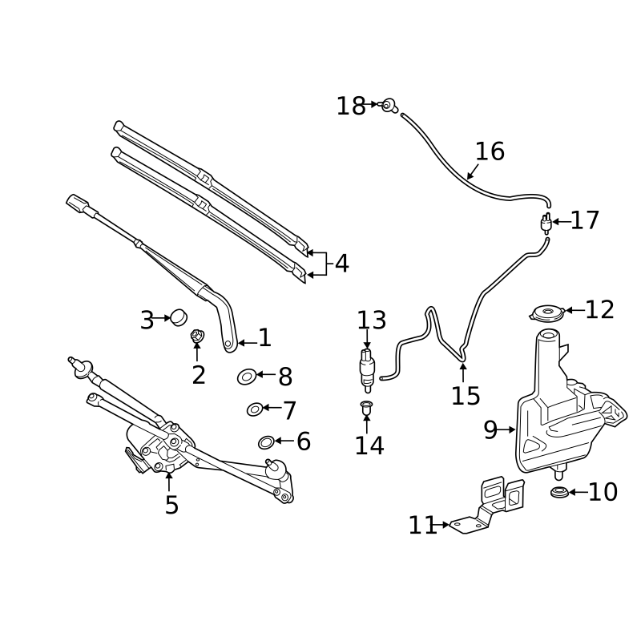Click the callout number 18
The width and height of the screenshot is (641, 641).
351,107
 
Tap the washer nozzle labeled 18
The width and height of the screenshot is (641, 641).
389,106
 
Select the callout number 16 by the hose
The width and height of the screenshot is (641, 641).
490,151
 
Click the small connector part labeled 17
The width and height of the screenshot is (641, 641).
546,224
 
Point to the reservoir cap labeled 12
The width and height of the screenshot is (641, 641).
547,313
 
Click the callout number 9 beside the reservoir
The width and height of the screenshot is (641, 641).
490,429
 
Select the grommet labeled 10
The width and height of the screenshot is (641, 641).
559,492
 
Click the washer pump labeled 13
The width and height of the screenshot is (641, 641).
367,370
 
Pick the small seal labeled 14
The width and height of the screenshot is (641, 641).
366,407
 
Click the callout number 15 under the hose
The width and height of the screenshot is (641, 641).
466,396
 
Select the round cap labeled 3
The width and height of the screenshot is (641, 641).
179,317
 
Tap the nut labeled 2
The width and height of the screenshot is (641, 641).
197,336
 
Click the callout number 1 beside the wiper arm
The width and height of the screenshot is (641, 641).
265,337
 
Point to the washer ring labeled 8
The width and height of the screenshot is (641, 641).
247,377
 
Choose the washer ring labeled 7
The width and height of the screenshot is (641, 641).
255,409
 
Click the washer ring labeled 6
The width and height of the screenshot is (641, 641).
266,442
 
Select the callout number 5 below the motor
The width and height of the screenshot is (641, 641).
171,505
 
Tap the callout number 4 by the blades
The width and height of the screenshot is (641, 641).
342,264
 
